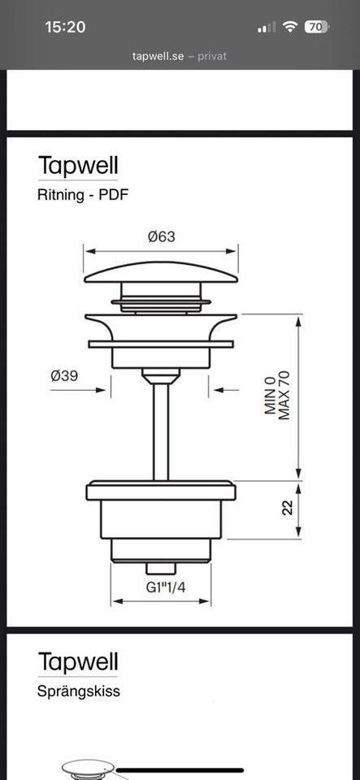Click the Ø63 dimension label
click(161, 236)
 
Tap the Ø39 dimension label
click(64, 375)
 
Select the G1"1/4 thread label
click(166, 587)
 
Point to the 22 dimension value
click(288, 507)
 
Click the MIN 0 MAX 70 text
click(277, 396)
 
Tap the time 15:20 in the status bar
click(65, 27)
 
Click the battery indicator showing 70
click(316, 27)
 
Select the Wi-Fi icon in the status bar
click(289, 27)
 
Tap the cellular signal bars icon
click(267, 28)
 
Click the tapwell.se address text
click(158, 56)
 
